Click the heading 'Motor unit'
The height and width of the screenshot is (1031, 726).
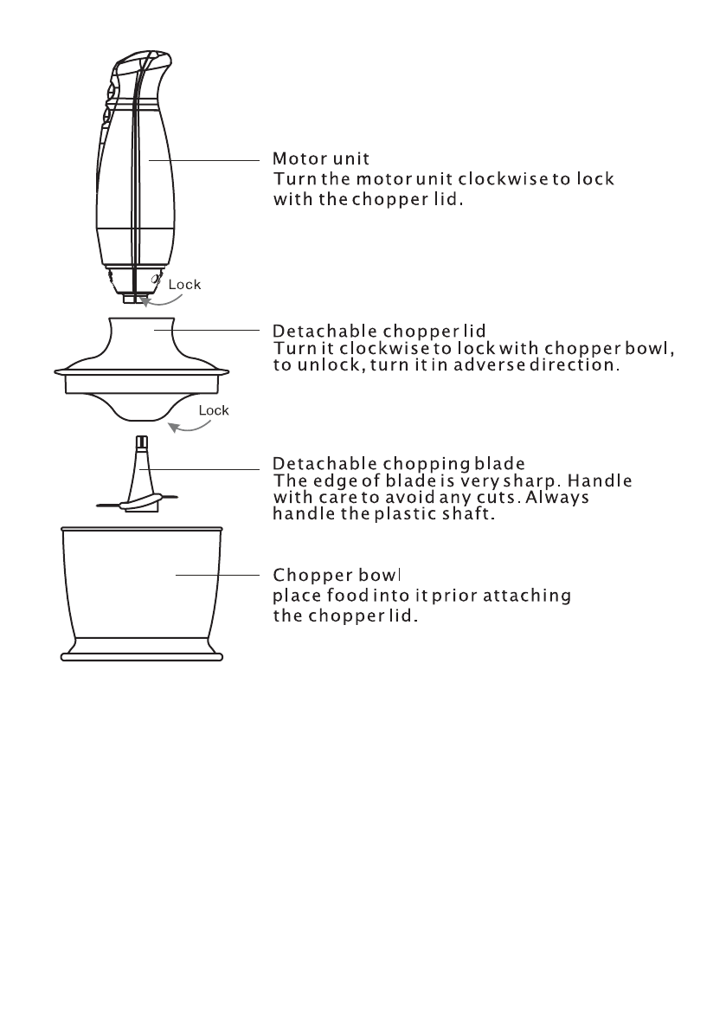coord(321,158)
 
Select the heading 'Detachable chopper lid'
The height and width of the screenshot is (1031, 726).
coord(379,331)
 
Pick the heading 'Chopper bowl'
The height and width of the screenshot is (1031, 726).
coord(339,576)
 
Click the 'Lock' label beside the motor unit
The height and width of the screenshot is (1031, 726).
coord(184,284)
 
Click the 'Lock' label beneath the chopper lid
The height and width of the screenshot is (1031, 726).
coord(213,410)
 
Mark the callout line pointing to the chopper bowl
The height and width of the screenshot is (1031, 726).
coord(216,575)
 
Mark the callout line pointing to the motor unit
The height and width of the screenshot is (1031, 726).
coord(203,160)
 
